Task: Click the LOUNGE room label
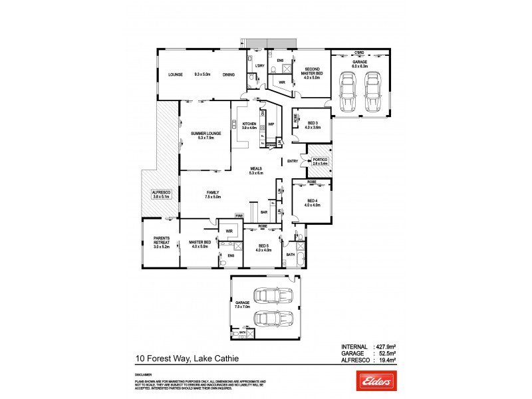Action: (176, 74)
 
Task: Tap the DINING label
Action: (229, 74)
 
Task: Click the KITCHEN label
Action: (249, 124)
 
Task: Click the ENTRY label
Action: (293, 161)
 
